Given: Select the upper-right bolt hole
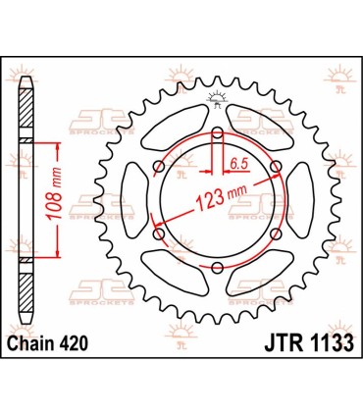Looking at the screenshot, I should [x=276, y=165].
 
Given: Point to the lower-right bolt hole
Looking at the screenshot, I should [x=276, y=233].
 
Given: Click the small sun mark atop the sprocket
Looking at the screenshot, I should [x=216, y=95].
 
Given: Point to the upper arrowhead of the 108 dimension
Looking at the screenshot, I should [x=61, y=145].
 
